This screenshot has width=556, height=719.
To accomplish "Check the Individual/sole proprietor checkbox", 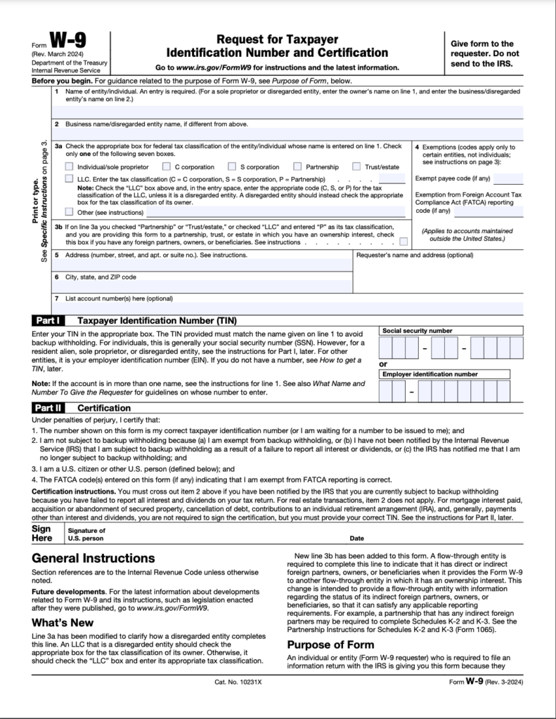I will pos(69,167).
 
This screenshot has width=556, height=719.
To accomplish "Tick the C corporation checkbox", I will pos(166,167).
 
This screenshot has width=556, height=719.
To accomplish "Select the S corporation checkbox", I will pos(231,167).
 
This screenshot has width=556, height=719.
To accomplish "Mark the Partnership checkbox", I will pos(298,167).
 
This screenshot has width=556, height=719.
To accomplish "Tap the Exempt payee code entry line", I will pos(507,178).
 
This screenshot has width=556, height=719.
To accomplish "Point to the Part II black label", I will pos(49,407).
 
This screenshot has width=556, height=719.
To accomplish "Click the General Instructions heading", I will pos(93,558).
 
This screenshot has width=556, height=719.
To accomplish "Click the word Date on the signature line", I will pos(356,539).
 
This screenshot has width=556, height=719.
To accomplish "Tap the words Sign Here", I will pos(42,534).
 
